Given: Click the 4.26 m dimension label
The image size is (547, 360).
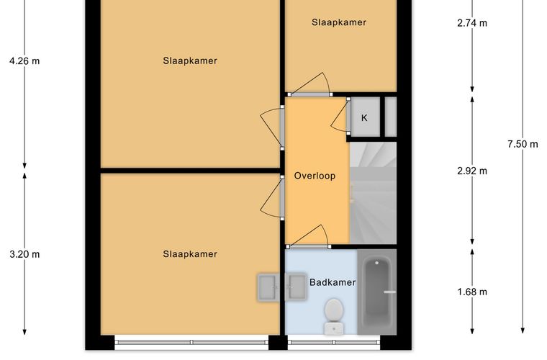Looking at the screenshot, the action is (24, 61).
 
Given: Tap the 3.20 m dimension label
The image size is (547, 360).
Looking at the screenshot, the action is (24, 254).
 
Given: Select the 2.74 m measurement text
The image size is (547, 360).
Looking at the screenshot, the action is (472, 23).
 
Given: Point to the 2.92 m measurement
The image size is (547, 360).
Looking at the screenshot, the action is (472, 171).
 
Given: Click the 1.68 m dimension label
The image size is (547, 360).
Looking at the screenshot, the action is (472, 292).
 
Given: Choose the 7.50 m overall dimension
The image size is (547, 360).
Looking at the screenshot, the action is (523, 144).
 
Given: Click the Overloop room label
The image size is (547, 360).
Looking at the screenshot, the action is (315, 176).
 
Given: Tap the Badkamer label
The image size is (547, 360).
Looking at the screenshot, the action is (333, 282).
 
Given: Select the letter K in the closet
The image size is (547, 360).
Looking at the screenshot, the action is (364, 118).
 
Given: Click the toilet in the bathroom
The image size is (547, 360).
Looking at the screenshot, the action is (334, 316).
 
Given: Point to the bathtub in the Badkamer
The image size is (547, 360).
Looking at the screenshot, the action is (377, 292).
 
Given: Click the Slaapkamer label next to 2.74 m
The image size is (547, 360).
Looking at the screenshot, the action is (339, 22).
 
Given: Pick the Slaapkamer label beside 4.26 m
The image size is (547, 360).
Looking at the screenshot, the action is (190, 60).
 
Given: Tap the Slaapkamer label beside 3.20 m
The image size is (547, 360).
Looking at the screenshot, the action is (190, 254).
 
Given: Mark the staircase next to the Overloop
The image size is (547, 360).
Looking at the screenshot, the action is (373, 193).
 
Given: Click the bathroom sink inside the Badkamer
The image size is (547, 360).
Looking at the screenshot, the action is (296, 287).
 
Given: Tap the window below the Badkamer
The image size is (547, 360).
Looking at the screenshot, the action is (334, 343).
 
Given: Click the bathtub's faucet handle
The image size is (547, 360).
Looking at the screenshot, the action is (389, 292).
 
